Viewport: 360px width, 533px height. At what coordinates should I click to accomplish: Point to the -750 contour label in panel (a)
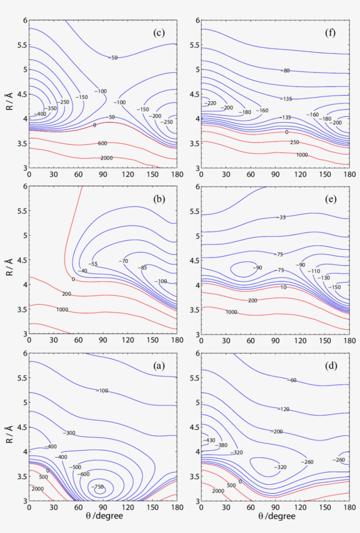(97, 487)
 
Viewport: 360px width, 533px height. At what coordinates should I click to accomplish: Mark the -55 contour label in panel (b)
(93, 264)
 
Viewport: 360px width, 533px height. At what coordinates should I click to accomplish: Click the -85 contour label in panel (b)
(142, 267)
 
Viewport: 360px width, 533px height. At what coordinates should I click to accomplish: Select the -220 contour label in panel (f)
(211, 103)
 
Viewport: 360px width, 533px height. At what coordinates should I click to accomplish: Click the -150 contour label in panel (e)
(335, 287)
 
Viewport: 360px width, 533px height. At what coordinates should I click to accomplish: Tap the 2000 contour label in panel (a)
(38, 489)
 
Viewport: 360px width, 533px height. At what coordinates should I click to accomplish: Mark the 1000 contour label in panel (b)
(62, 310)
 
